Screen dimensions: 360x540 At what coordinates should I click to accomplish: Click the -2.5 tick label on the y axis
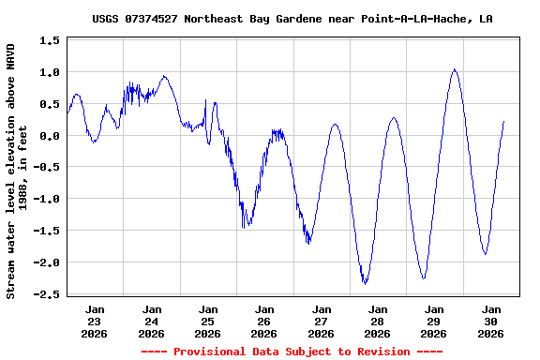[47, 294]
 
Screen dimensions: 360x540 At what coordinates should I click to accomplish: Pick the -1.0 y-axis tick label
[47, 200]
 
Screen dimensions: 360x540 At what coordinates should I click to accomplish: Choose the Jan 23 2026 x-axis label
[95, 321]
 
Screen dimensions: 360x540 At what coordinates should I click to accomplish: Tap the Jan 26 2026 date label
[264, 321]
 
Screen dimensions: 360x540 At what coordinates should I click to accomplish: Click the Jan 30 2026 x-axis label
[490, 321]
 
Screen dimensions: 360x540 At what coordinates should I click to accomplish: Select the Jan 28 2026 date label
[378, 321]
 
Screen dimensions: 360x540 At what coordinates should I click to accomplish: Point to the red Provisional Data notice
[292, 352]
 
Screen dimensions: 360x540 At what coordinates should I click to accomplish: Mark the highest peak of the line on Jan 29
[455, 68]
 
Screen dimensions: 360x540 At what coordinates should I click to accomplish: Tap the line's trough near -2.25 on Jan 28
[424, 278]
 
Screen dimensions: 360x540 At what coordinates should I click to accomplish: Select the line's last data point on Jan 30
[504, 121]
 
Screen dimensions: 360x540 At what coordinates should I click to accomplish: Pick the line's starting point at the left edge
[67, 112]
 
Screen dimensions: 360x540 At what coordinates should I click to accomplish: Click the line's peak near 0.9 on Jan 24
[164, 77]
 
